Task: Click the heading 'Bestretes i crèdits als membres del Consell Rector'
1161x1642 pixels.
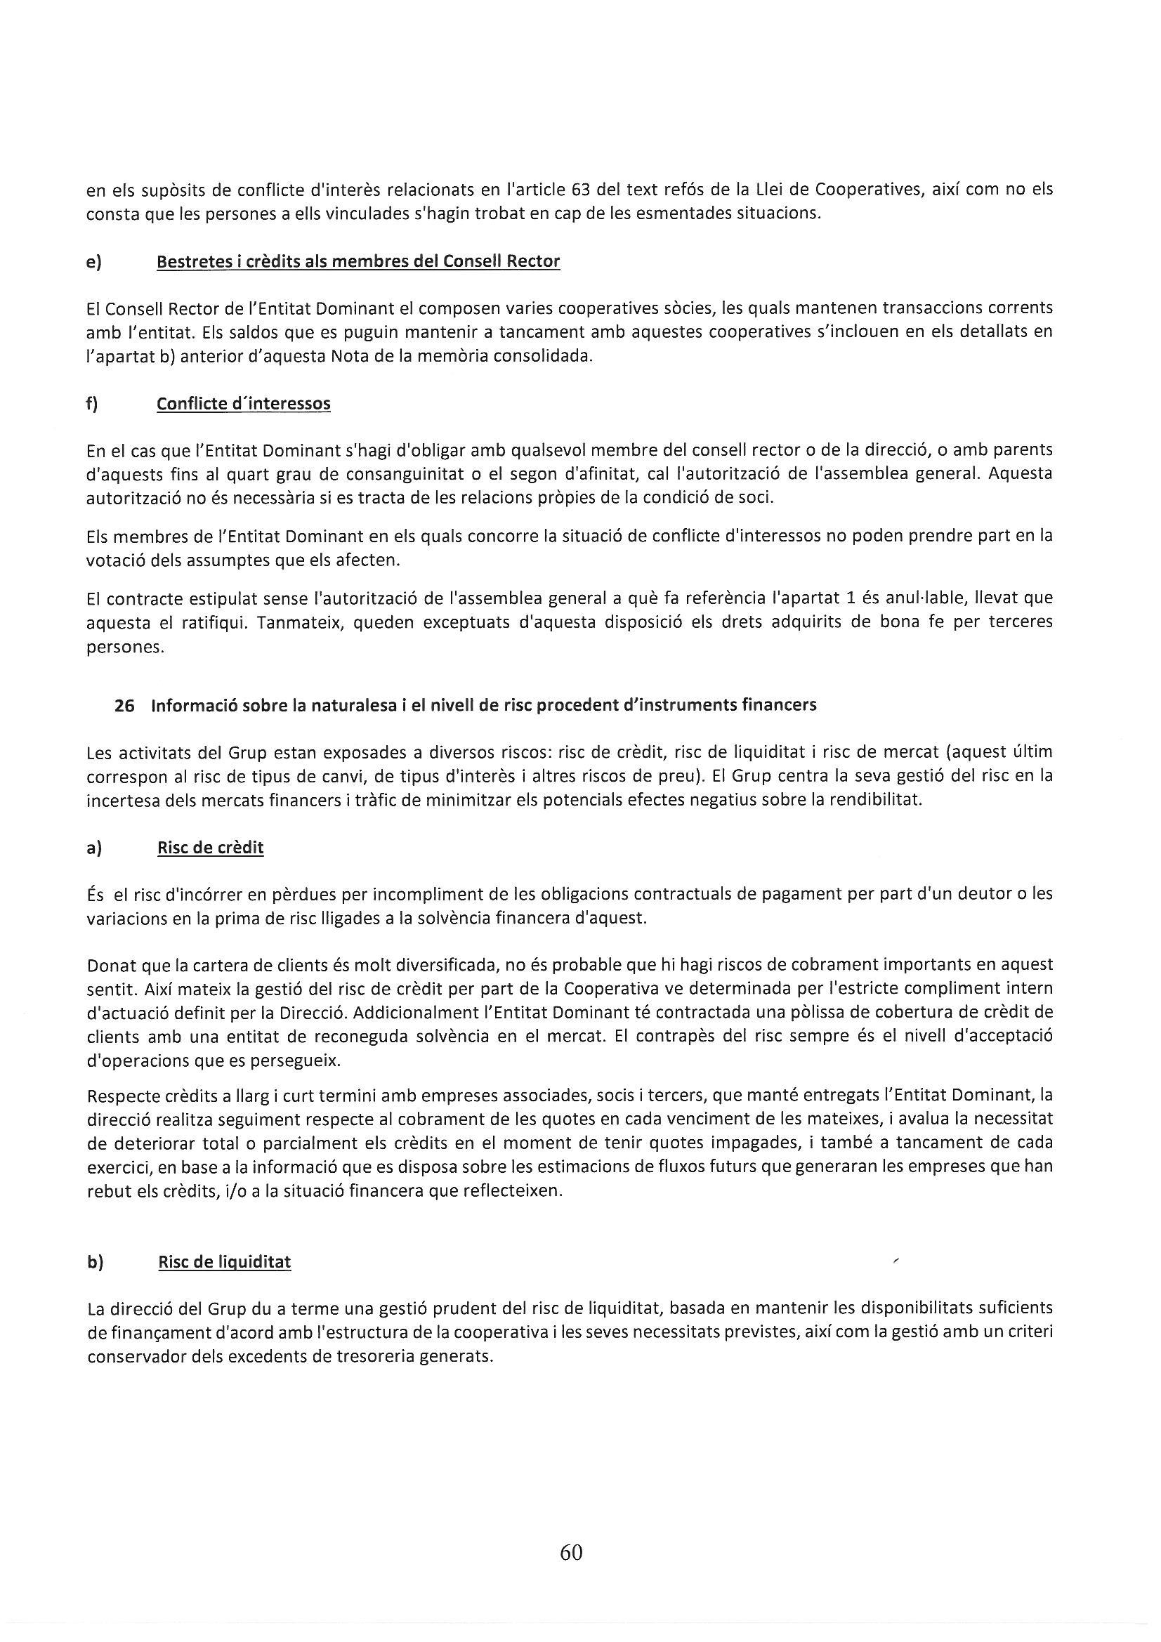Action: click(358, 262)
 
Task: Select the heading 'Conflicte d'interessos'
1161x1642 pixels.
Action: click(243, 404)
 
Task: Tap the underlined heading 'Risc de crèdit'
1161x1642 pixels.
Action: click(210, 848)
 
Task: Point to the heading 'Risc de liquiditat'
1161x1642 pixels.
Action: click(225, 1262)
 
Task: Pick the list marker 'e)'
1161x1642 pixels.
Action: click(93, 262)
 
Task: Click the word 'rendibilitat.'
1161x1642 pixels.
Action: click(876, 800)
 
